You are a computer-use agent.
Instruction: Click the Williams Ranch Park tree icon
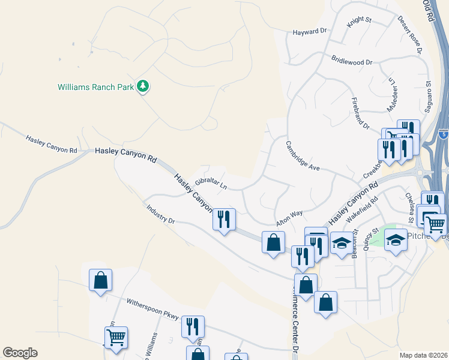143,87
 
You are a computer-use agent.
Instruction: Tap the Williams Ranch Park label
95,87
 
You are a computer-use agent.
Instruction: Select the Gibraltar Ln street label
211,183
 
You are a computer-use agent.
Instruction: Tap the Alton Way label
289,217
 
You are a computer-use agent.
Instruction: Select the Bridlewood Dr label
352,61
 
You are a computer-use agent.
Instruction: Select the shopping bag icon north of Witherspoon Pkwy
100,280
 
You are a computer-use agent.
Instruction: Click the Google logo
20,353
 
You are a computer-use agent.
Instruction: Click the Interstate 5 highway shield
443,134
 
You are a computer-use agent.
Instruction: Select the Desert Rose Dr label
410,32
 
